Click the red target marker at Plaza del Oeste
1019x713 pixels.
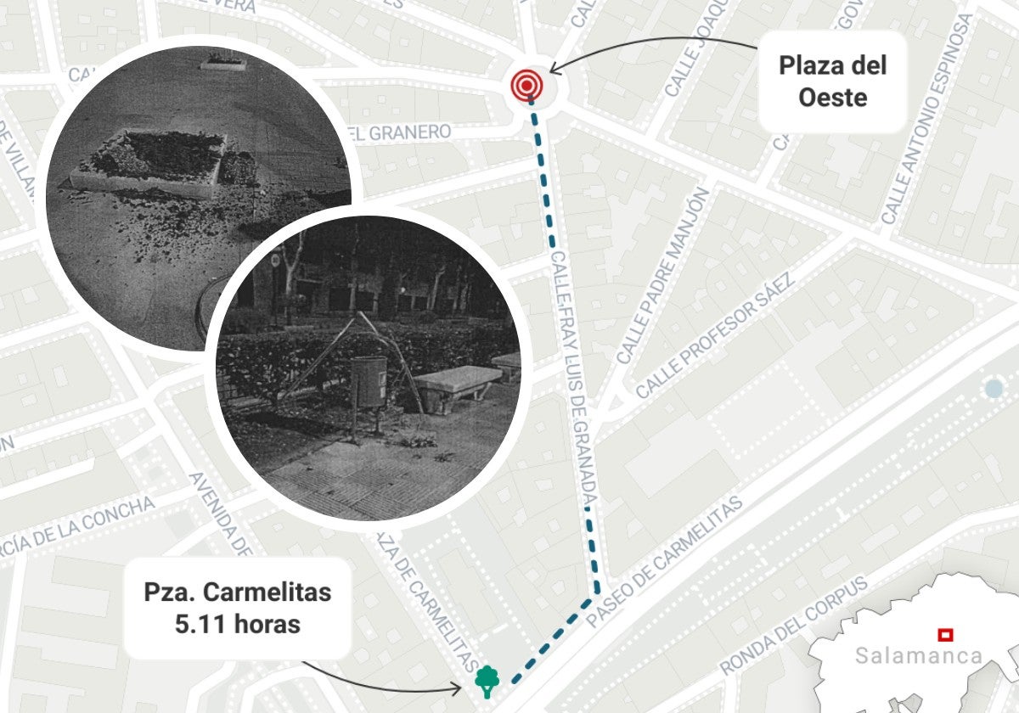526,85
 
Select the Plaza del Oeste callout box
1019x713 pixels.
832,81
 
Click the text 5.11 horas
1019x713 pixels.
238,625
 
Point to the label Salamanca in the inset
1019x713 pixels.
918,656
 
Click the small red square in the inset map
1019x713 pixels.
943,634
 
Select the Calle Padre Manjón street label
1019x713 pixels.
662,276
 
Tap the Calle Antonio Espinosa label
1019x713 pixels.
928,119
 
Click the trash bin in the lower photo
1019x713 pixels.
369,381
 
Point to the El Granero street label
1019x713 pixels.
399,132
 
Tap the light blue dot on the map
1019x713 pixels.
993,389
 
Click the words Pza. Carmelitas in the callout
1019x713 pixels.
238,592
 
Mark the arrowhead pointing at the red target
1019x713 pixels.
555,67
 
